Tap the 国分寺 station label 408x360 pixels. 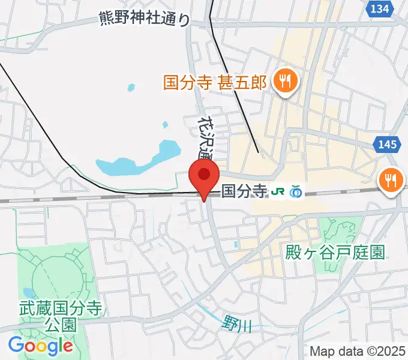[x=244, y=191]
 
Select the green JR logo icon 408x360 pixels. [x=278, y=192]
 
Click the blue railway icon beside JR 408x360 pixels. [x=295, y=192]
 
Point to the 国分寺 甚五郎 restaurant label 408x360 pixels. [x=214, y=82]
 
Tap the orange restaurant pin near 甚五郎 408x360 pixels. [x=283, y=80]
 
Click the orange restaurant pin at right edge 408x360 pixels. [x=391, y=179]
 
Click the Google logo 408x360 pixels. [x=40, y=345]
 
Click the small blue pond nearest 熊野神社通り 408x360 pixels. [x=131, y=88]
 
